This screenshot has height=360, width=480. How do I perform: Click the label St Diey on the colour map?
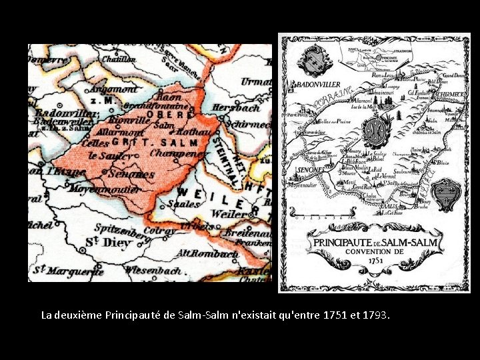pyautogui.click(x=108, y=243)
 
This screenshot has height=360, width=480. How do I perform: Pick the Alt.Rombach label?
pyautogui.click(x=206, y=254)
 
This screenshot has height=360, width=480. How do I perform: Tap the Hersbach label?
pyautogui.click(x=235, y=107)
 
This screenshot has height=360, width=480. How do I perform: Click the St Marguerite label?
pyautogui.click(x=69, y=270)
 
